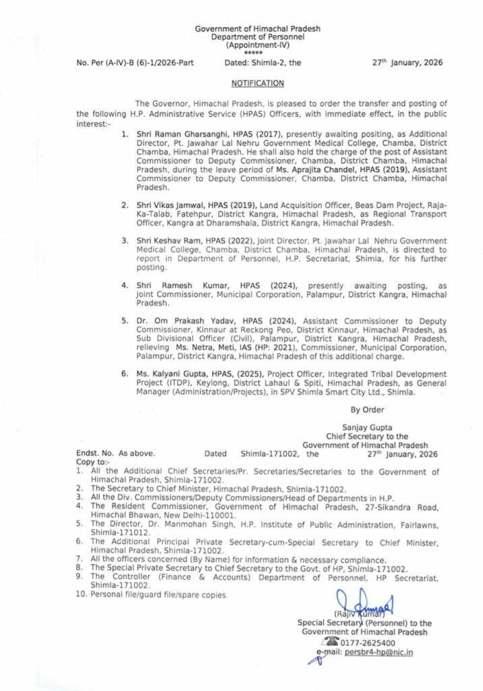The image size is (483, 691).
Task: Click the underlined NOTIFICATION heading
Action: coord(257,83)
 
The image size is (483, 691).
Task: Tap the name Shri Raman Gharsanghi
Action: coord(177,134)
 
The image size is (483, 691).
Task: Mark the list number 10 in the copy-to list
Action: coord(81,595)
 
